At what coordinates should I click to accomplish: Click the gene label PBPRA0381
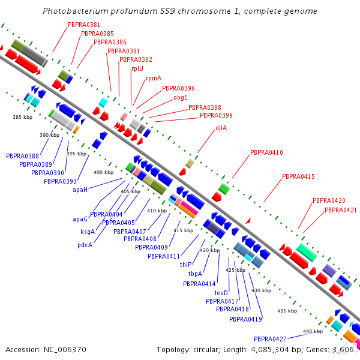pos(84,25)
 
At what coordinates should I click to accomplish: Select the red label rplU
pos(137,68)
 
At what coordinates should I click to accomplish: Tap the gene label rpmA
pos(154,78)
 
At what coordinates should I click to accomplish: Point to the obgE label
pos(181,97)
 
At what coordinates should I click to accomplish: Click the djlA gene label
pos(221,128)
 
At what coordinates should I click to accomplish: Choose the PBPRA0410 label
pos(266,152)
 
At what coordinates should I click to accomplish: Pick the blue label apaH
pos(80,190)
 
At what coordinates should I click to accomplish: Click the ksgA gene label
pos(88,232)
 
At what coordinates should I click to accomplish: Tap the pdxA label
pos(85,245)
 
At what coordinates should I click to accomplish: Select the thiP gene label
pos(185,265)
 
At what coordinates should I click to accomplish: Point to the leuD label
pos(221,293)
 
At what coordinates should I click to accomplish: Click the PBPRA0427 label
pos(270,339)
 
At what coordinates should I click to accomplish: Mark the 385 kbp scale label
pos(23,117)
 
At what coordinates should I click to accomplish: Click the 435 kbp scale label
pos(287,311)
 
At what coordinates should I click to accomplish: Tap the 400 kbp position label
pos(104,172)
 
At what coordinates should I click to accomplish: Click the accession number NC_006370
pos(65,350)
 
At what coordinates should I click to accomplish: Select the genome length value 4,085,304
pos(270,350)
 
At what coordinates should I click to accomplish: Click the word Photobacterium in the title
pos(76,11)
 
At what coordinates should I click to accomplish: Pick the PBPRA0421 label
pos(341,210)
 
